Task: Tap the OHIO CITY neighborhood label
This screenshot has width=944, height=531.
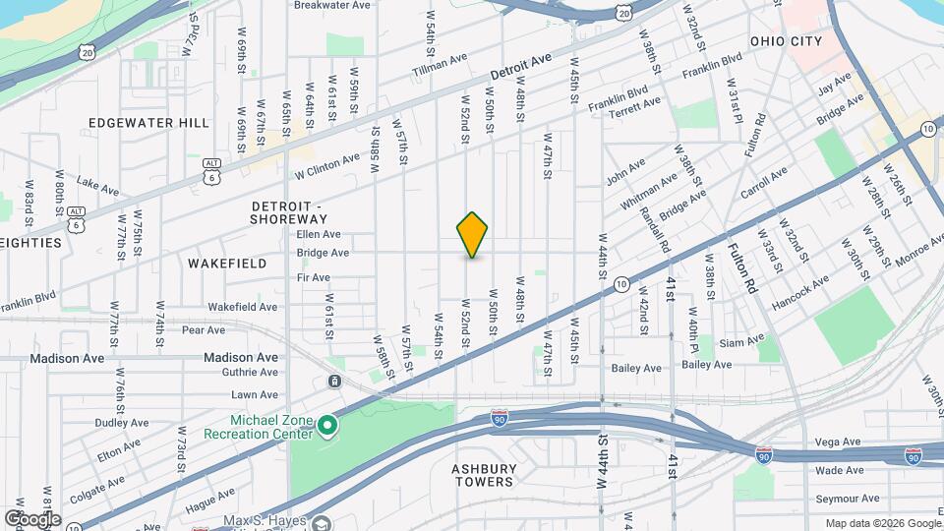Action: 785,41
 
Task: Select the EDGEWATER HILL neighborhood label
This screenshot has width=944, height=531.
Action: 148,123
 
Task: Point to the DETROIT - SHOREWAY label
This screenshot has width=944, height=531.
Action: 289,212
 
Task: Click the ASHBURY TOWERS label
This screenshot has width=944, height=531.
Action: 484,476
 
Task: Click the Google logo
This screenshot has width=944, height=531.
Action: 32,519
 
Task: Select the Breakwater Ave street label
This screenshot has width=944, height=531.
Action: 332,5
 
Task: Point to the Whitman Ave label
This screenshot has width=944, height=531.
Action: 649,192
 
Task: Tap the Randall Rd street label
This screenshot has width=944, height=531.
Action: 654,228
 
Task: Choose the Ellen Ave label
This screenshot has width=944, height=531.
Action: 319,235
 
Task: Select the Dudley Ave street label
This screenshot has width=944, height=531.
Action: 121,423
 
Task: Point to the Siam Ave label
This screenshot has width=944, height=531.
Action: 742,341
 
